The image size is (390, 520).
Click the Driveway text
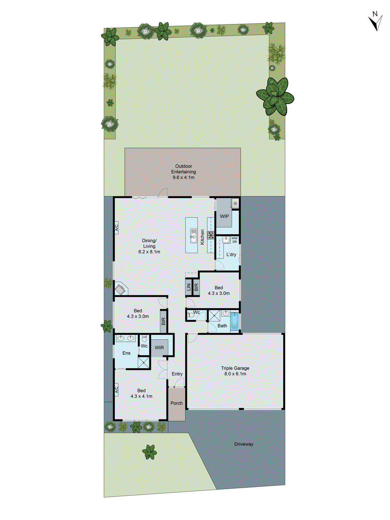click(x=244, y=444)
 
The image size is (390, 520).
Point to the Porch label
click(x=176, y=403)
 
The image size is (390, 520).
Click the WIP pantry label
click(x=224, y=216)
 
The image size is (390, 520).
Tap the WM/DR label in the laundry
click(x=234, y=240)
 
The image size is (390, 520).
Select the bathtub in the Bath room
click(x=234, y=321)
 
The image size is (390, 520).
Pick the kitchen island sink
click(x=193, y=235)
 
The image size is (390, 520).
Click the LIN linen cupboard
click(x=188, y=287)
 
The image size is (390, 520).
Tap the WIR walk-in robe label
click(x=159, y=348)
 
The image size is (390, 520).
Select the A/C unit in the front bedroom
click(x=116, y=389)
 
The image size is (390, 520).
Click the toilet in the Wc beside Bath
click(x=191, y=315)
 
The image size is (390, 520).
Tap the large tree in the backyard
click(x=275, y=96)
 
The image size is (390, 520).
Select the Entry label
click(x=177, y=374)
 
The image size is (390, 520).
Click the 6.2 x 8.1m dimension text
click(x=149, y=252)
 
